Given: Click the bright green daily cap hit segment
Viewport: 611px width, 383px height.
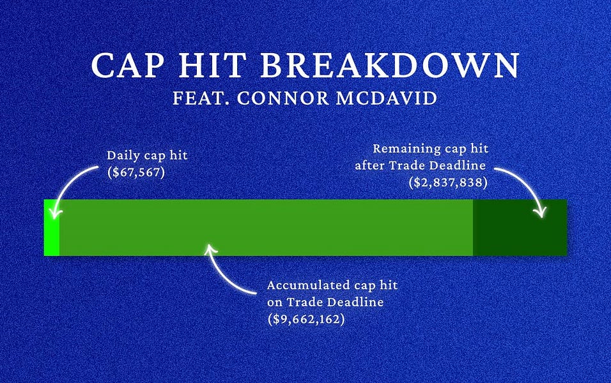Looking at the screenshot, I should (x=51, y=228).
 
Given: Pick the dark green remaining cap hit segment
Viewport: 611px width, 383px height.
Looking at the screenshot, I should (x=519, y=228).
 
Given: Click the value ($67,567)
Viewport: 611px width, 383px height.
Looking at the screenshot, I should (x=136, y=172).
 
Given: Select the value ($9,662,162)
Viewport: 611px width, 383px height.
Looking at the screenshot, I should (x=306, y=319).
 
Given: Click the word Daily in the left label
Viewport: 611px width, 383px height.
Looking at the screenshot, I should (x=121, y=155).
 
